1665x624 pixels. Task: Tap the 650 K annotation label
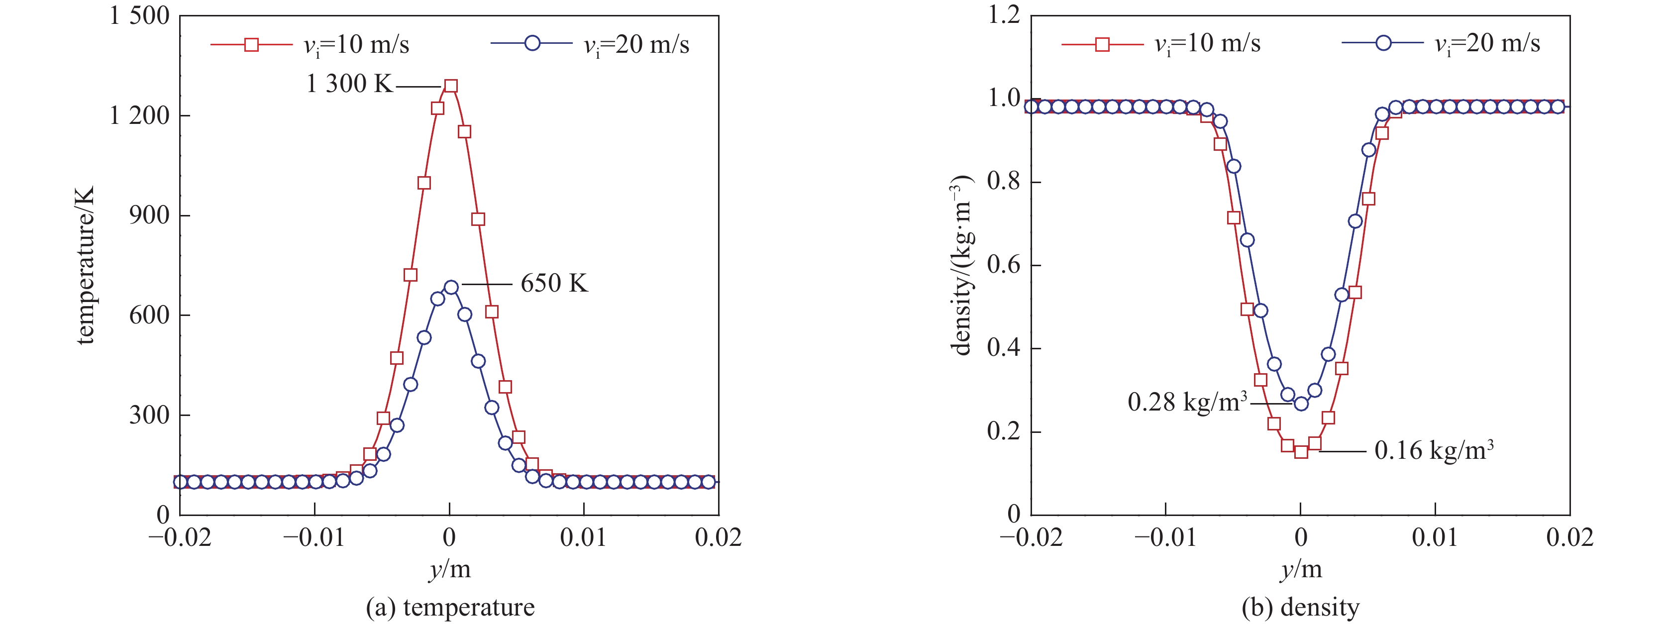point(554,283)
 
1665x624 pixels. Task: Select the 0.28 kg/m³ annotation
point(1187,402)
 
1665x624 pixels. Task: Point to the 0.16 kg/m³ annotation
point(1434,450)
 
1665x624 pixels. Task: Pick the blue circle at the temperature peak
point(451,287)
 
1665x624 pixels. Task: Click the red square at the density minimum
point(1301,451)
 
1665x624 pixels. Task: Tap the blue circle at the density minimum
point(1301,404)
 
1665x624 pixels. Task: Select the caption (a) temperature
point(450,607)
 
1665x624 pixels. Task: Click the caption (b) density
point(1300,607)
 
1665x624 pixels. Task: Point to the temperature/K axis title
point(85,265)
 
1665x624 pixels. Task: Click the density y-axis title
point(961,265)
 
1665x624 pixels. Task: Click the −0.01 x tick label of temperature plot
point(314,537)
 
